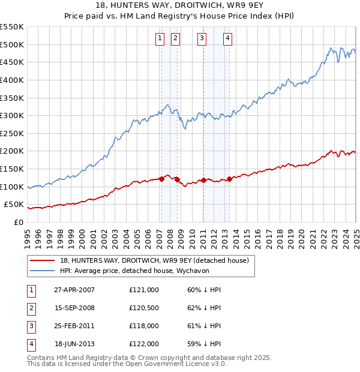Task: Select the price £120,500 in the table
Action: (x=144, y=307)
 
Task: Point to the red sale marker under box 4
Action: (x=229, y=179)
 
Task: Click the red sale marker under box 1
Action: (x=161, y=179)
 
